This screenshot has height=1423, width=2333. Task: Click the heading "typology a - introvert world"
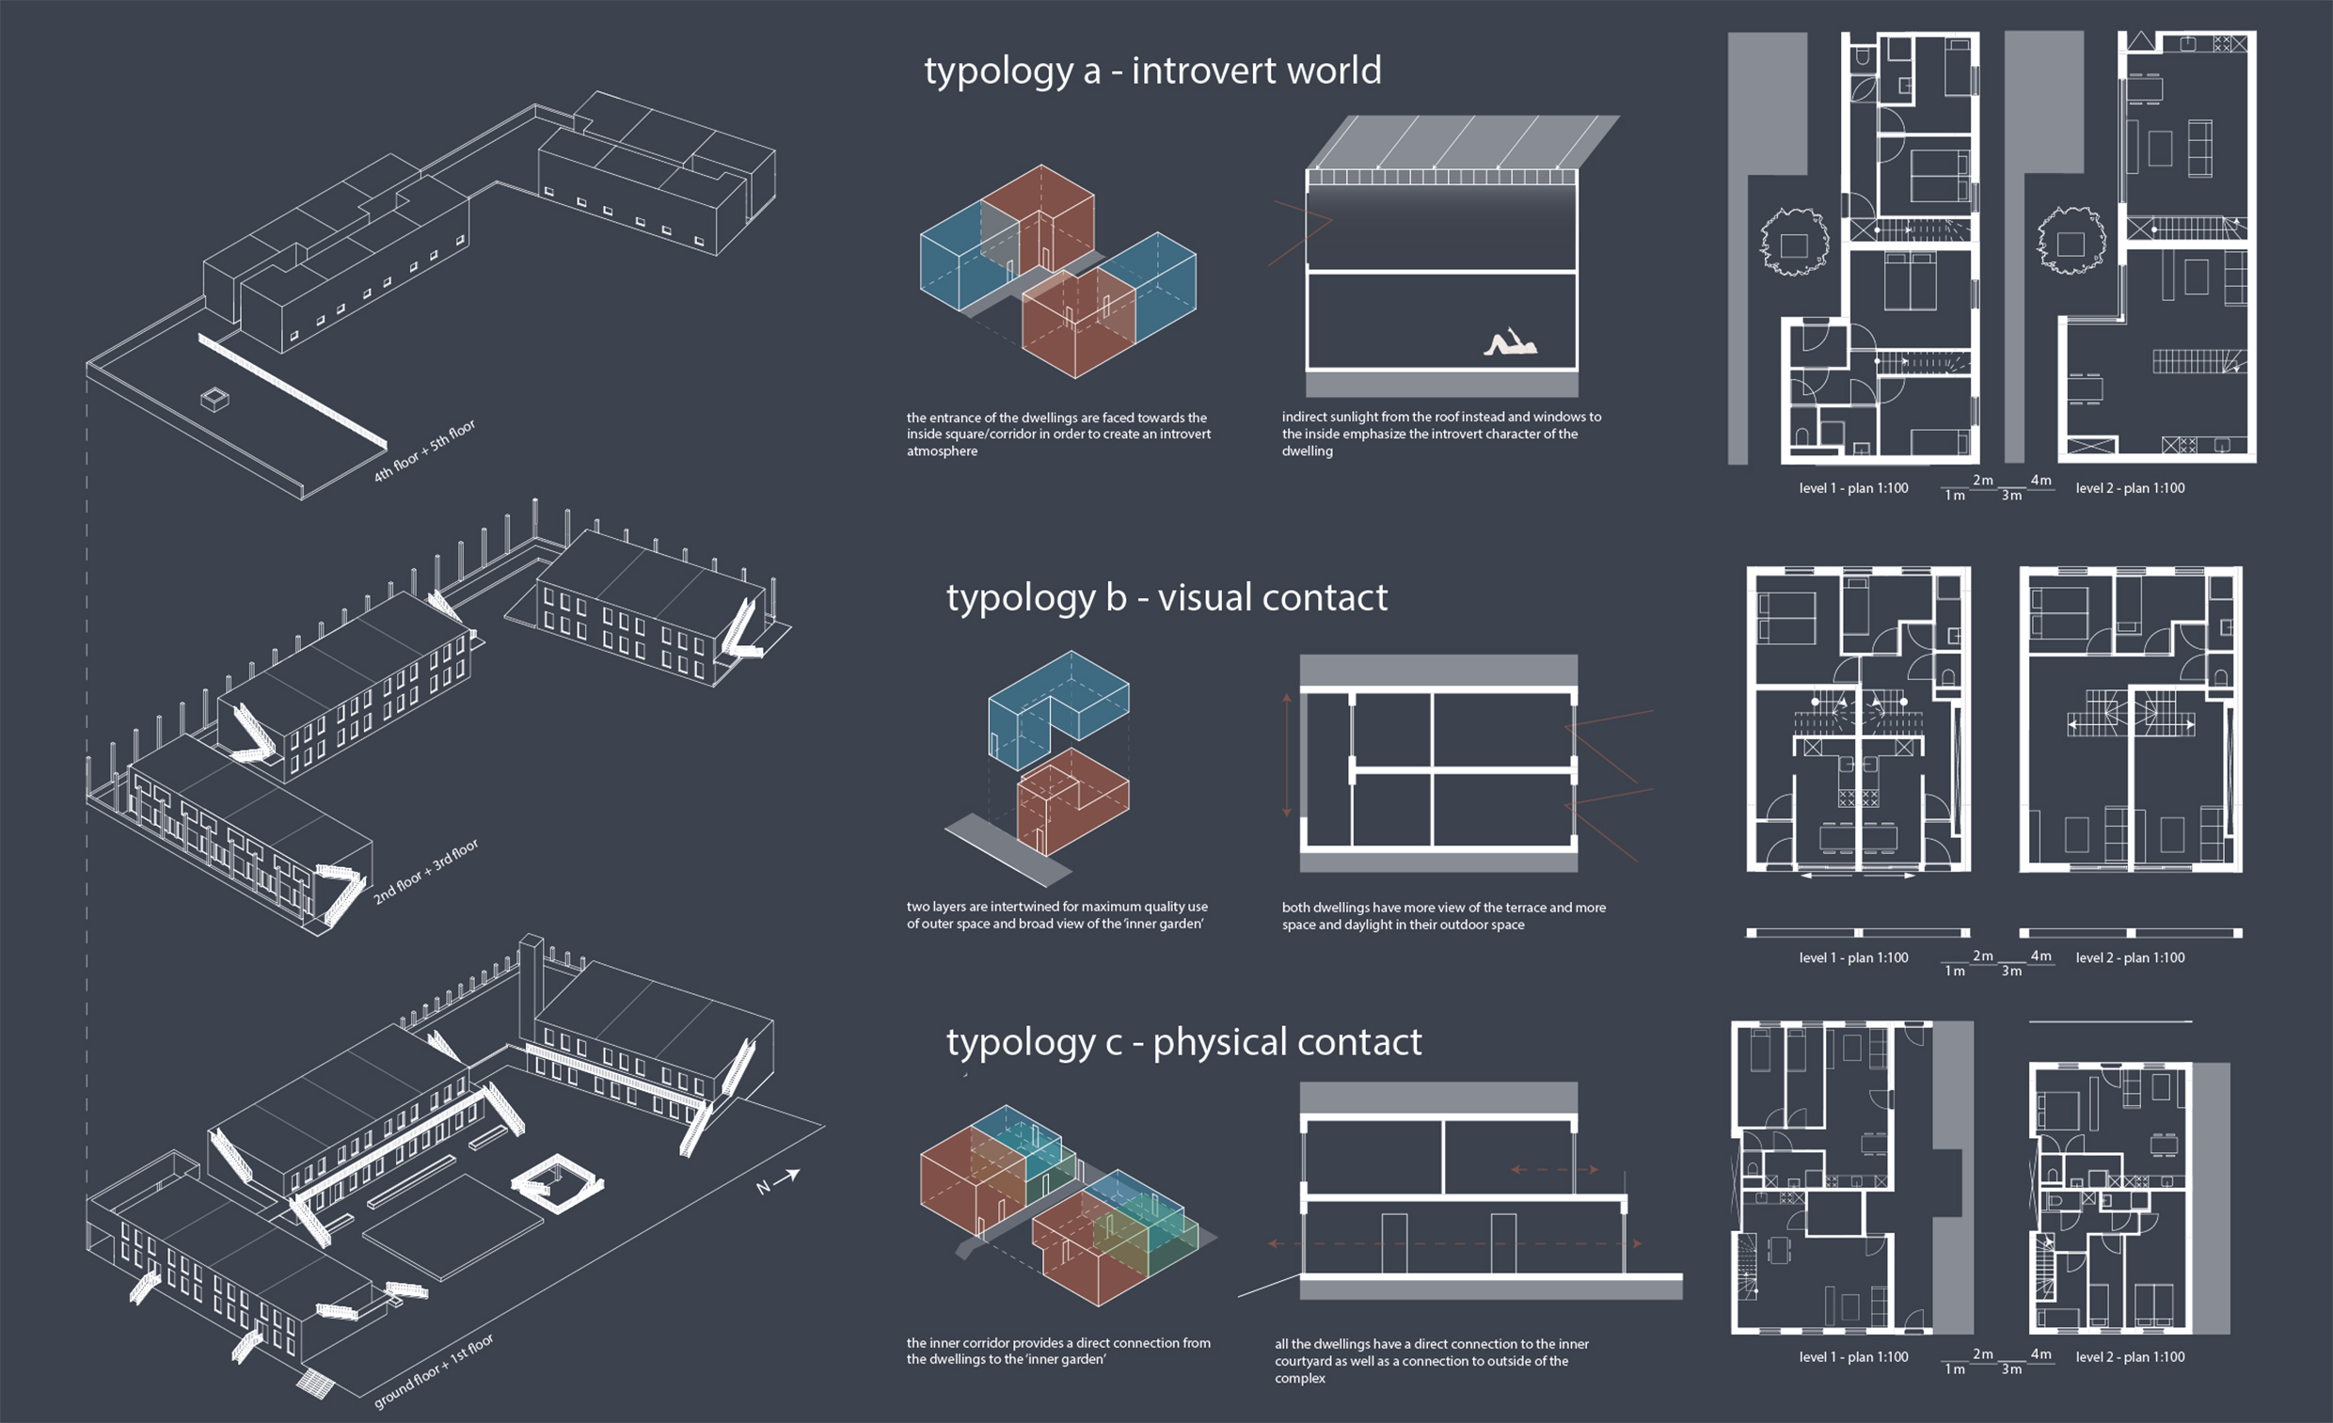tap(1152, 71)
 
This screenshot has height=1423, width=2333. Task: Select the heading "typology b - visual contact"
tap(1166, 598)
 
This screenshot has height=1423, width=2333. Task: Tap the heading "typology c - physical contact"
tap(1183, 1042)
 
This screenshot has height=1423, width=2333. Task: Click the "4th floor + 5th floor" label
tap(424, 451)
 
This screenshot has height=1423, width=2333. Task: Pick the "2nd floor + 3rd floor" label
tap(425, 871)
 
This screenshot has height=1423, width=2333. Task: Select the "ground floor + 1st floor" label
tap(434, 1372)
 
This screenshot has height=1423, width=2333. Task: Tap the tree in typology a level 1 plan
tap(1792, 243)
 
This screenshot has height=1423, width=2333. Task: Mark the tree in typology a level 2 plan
tap(2071, 242)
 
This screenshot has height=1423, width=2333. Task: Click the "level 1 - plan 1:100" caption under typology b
tap(1853, 958)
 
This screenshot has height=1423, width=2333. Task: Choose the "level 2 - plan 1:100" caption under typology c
tap(2130, 1357)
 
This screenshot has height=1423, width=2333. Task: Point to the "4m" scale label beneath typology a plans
tap(2040, 480)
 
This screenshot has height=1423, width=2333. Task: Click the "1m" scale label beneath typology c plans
tap(1954, 1369)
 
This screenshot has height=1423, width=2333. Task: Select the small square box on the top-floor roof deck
tap(214, 400)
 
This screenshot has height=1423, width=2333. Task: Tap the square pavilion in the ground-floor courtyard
tap(557, 1182)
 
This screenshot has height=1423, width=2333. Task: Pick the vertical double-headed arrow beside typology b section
tap(1286, 754)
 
